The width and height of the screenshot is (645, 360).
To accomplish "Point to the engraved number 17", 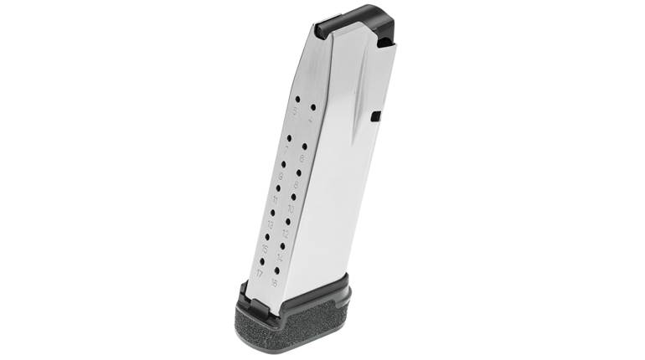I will point(261,272).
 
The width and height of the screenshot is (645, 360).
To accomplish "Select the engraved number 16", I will point(274,281).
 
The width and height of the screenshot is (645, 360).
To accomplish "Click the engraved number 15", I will point(265,249).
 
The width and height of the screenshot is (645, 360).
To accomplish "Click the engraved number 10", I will point(290,208).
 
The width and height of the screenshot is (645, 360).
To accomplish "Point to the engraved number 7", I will point(286,151).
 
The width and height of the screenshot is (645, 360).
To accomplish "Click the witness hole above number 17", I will point(263,260).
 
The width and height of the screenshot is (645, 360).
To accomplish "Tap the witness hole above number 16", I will point(277,270).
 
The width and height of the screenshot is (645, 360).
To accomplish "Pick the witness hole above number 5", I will point(297,99).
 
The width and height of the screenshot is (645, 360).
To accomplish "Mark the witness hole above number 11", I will point(278,188).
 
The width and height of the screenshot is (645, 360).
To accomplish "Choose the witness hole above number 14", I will point(282,245).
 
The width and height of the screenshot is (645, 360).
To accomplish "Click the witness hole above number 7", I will point(288,139).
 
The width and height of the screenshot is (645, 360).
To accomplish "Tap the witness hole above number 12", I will point(287,221).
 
